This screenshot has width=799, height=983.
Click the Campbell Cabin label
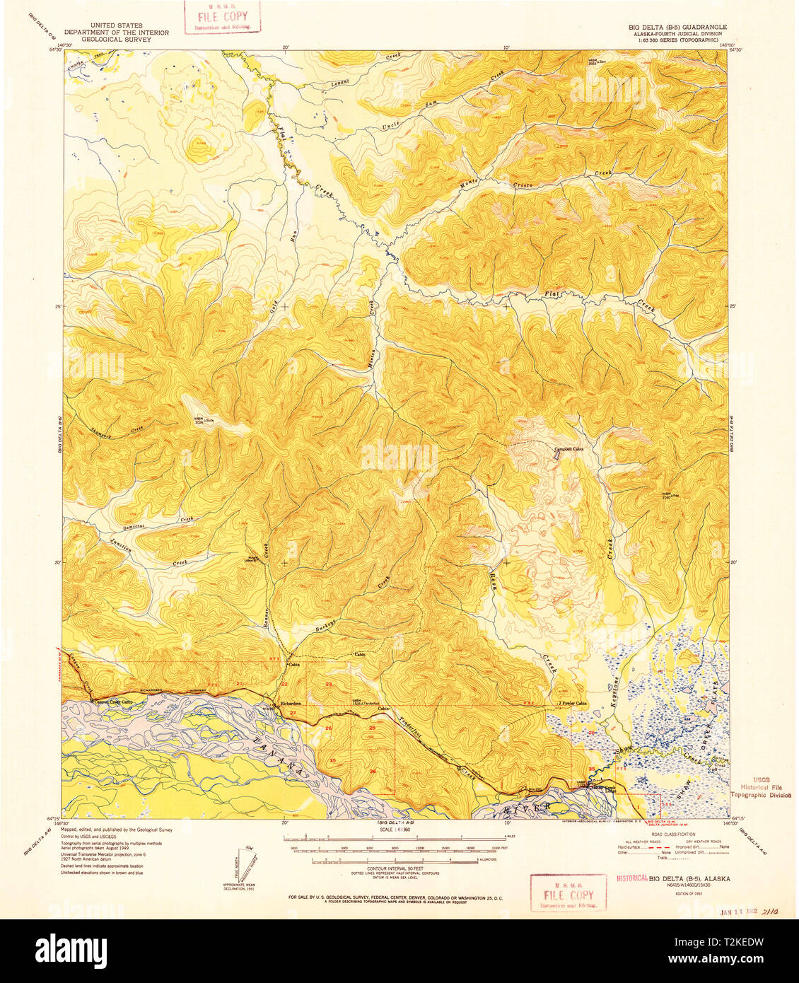[568, 448]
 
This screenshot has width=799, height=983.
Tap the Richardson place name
[291, 703]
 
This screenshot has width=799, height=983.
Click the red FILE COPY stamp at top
[223, 17]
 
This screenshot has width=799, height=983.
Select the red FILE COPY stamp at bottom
[568, 894]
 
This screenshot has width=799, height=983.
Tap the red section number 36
[372, 771]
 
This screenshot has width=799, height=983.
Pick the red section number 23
[328, 684]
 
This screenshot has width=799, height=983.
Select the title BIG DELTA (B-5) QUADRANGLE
[677, 27]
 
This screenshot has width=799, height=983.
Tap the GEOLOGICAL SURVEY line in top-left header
[116, 40]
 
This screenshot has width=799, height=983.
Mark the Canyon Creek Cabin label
[111, 702]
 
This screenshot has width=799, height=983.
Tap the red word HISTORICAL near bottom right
[631, 878]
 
